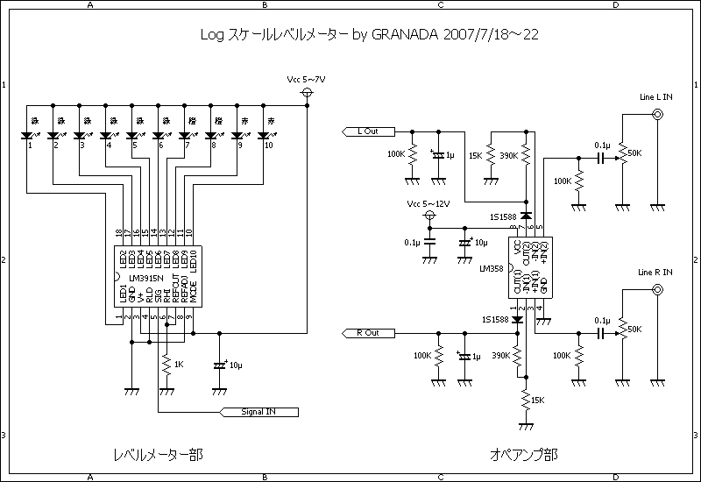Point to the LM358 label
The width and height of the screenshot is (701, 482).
coord(492,270)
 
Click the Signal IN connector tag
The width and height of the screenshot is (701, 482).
coord(261,411)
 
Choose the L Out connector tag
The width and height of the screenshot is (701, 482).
coord(367,131)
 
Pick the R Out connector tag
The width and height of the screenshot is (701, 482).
coord(367,333)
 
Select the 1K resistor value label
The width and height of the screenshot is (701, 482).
coord(180,364)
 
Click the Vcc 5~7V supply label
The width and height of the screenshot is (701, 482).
coord(307,79)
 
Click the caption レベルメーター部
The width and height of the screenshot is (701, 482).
coord(157,455)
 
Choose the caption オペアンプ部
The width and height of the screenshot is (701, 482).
coord(523,455)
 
